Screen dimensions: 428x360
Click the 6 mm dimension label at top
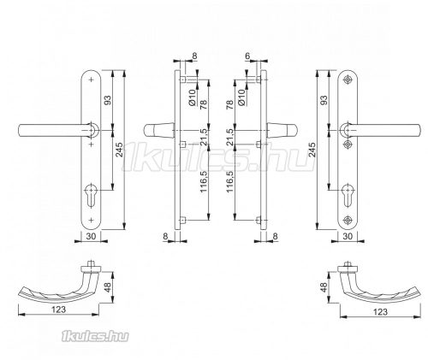(x=247, y=56)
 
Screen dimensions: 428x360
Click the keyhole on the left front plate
(x=92, y=195)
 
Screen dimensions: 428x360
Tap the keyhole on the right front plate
(x=348, y=195)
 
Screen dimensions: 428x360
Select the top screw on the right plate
(x=348, y=80)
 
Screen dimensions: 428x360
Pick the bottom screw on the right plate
(x=348, y=220)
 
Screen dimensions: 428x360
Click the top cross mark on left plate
(x=92, y=80)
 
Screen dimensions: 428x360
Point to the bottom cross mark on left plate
(x=92, y=220)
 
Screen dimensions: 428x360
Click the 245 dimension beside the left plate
(x=119, y=150)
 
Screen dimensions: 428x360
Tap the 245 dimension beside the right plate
(x=312, y=150)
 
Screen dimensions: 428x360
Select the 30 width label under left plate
(x=91, y=236)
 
